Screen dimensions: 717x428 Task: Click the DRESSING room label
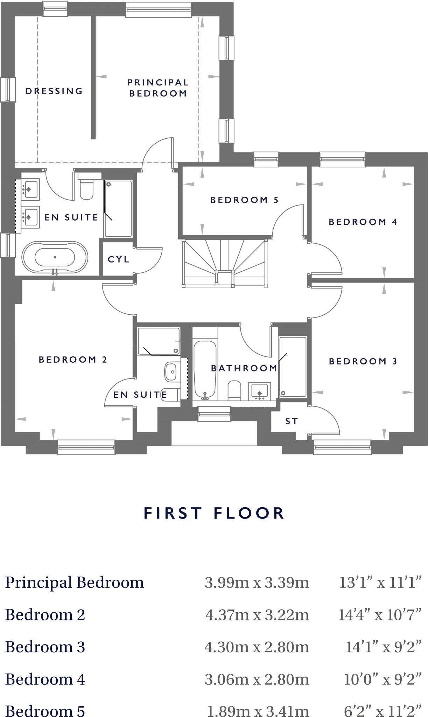tap(54, 91)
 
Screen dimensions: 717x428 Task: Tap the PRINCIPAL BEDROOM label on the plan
tap(158, 88)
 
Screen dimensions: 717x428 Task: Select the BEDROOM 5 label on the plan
tap(244, 200)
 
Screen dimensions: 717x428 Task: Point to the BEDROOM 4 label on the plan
tap(363, 222)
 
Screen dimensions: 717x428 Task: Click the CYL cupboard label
tap(118, 259)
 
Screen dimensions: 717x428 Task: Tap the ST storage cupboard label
tap(292, 421)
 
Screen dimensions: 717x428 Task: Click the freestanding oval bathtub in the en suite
tap(55, 257)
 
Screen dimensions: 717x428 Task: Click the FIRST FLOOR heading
tap(214, 513)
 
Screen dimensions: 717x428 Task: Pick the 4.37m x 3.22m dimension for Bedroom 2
tap(257, 615)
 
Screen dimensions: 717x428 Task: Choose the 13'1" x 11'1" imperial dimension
tap(380, 583)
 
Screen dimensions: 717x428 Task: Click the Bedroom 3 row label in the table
tap(45, 647)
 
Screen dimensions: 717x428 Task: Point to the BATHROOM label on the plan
tap(244, 368)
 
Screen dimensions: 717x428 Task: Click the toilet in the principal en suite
tap(86, 189)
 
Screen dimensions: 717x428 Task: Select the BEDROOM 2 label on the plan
tap(73, 360)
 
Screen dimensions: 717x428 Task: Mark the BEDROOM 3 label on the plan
tap(363, 361)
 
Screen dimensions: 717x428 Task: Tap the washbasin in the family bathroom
tap(259, 391)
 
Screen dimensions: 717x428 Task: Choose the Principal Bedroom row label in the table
tap(75, 583)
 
